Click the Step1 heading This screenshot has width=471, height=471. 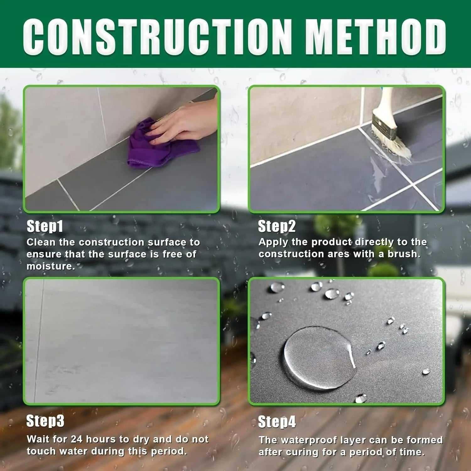coord(45,226)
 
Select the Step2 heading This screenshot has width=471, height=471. coord(277,226)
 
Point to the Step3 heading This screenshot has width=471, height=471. coord(45,421)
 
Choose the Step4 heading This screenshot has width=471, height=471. coord(277,422)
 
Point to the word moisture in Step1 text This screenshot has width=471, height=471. coord(51,266)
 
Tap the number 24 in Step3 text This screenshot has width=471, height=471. coord(77,439)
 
